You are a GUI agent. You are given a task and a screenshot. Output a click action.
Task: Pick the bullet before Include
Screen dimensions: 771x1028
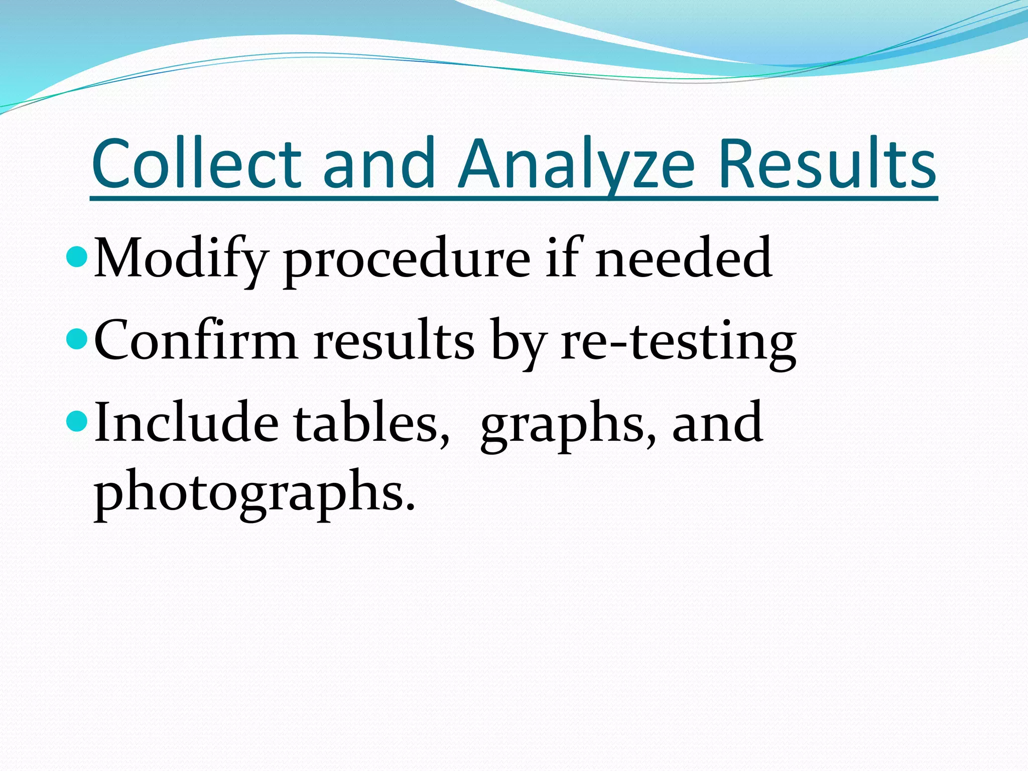(77, 422)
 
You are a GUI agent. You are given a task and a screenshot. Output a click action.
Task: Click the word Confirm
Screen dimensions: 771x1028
(196, 340)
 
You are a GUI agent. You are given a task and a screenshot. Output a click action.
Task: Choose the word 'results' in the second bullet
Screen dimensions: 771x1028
(394, 340)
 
